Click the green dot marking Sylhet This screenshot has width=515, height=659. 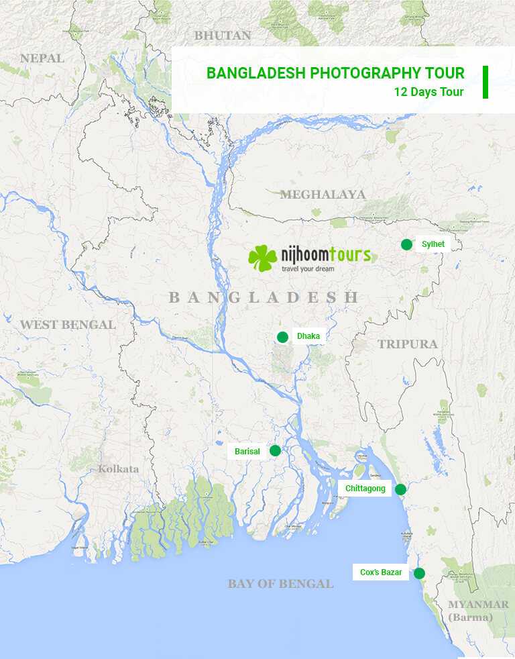(x=406, y=244)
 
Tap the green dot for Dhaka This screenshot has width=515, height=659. (x=282, y=337)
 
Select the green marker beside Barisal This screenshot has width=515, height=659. (x=275, y=451)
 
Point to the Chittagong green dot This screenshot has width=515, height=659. (x=400, y=489)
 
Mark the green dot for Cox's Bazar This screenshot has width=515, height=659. (x=419, y=573)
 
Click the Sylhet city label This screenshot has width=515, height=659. (x=433, y=244)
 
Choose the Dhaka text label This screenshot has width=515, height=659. (x=308, y=336)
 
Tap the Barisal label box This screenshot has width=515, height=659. (x=247, y=452)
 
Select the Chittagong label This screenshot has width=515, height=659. (x=365, y=489)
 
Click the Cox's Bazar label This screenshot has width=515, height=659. (x=380, y=572)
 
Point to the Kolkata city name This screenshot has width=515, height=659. (x=119, y=468)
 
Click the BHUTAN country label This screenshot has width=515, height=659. (x=222, y=36)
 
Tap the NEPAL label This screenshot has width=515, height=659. (x=42, y=58)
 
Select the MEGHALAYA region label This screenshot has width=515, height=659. (x=323, y=195)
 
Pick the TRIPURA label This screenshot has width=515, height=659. (x=407, y=344)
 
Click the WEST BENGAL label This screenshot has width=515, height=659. (x=68, y=325)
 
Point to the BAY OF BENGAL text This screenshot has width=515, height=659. (x=280, y=584)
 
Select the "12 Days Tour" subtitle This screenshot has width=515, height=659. (x=429, y=92)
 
